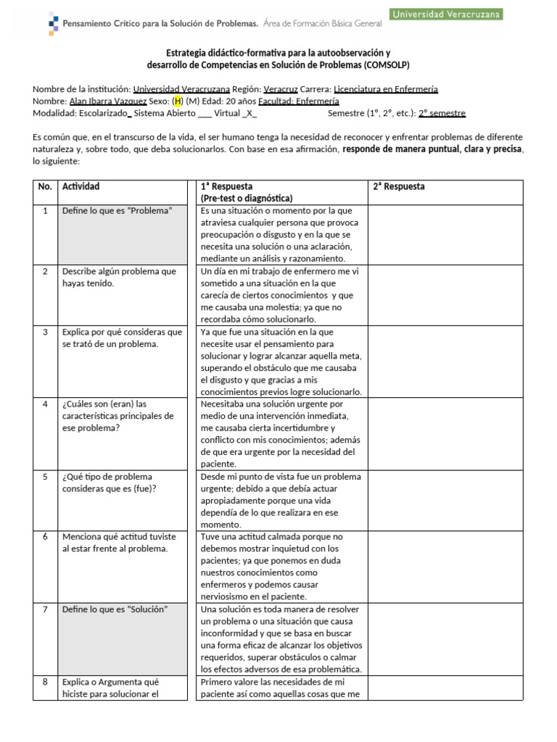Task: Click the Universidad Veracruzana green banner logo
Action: pos(456,14)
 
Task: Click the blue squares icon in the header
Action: pos(52,23)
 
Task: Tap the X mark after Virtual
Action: pos(249,113)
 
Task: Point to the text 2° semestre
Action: pos(442,113)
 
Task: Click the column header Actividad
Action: pos(81,186)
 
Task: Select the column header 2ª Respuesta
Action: pos(399,186)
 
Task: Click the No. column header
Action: pos(45,186)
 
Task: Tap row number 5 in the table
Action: pos(45,477)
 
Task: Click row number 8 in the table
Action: pos(45,682)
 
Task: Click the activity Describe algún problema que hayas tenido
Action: pos(119,277)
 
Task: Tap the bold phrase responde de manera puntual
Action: pos(400,149)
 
